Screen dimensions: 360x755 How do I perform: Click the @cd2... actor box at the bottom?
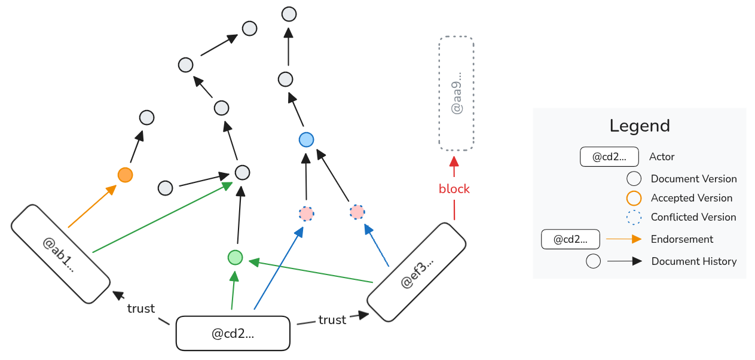coord(233,334)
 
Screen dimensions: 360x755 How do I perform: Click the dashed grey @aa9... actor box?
coord(456,93)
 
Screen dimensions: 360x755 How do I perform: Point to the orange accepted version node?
coord(125,175)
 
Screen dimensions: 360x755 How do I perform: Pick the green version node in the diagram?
coord(235,258)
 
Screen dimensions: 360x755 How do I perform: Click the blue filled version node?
coord(306,140)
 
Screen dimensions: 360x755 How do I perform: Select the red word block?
coord(454,189)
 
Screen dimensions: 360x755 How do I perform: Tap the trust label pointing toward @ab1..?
coord(141,309)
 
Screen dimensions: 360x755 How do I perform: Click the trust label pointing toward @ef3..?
coord(332,320)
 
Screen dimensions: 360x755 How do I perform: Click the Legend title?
coord(640,126)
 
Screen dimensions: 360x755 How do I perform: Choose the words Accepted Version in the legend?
coord(691,198)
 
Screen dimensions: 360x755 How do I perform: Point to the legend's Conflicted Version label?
coord(693,217)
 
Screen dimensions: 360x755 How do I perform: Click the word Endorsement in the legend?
coord(682,239)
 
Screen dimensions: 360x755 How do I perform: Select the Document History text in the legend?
coord(694,261)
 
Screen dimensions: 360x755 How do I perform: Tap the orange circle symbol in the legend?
coord(634,198)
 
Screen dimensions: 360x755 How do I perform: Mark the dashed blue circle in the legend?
coord(634,217)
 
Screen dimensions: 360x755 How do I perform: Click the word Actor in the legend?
coord(662,157)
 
